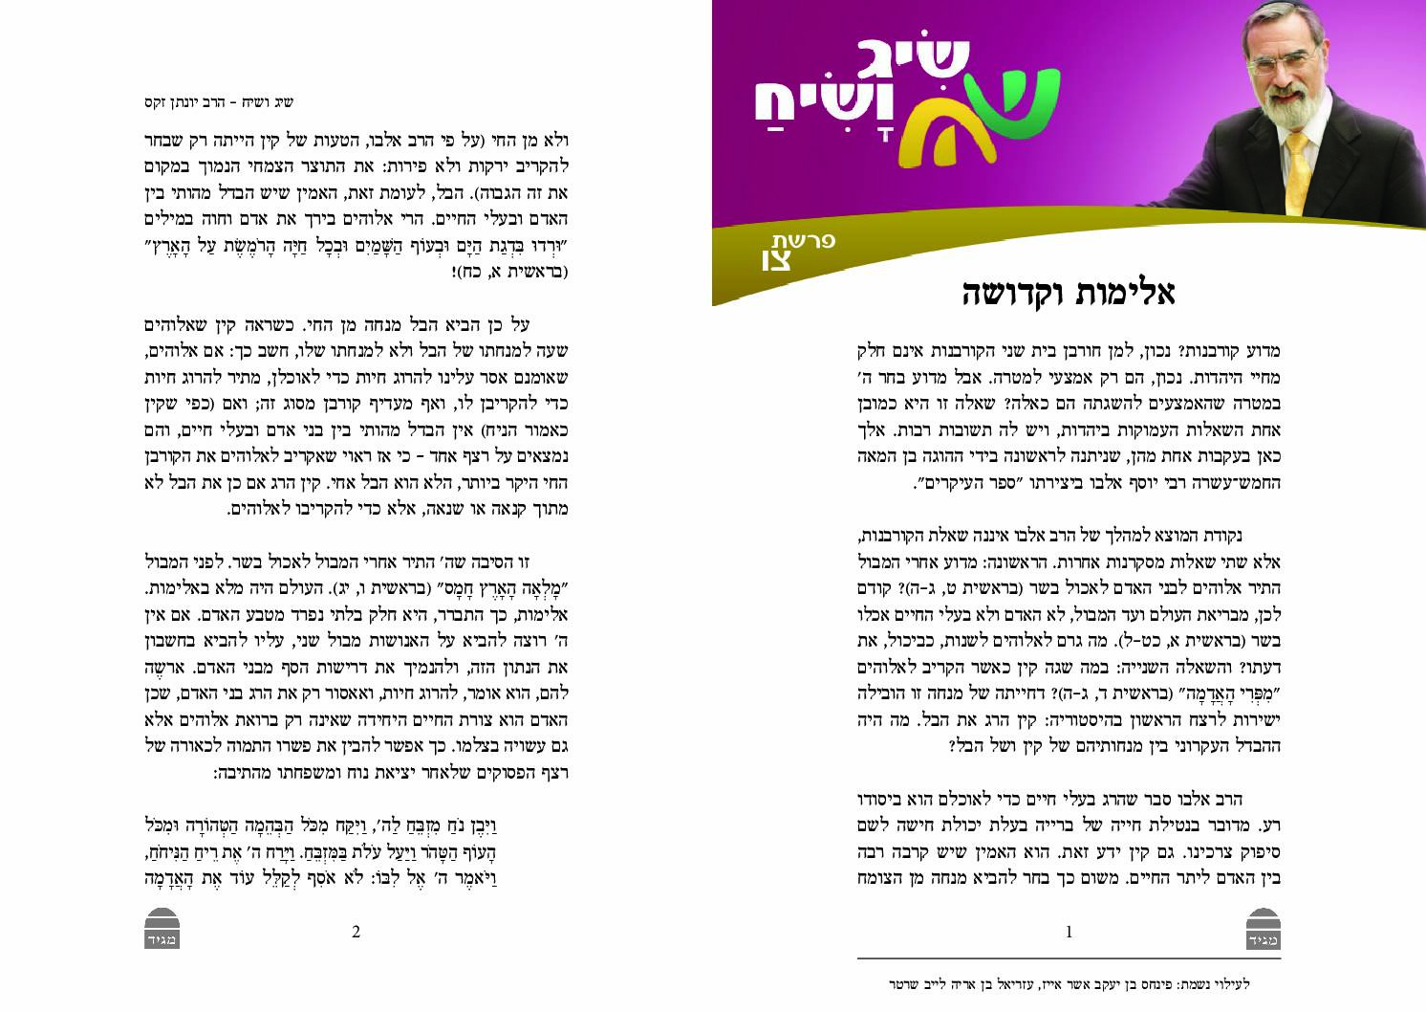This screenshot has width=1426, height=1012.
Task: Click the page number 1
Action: pos(1069,932)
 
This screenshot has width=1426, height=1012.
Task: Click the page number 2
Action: pos(356,932)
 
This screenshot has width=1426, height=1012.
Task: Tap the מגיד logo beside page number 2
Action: pos(161,932)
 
